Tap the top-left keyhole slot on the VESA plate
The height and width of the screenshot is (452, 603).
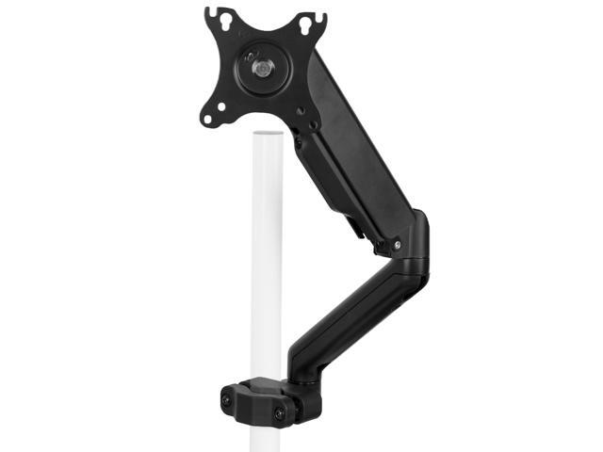coord(215,16)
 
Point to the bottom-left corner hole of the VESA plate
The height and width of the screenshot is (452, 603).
coord(209,119)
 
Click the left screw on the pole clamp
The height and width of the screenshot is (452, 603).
coord(226,400)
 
